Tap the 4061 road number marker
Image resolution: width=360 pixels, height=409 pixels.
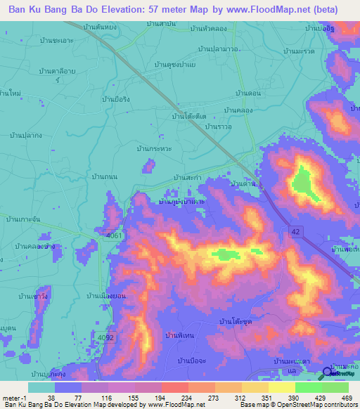[115, 235]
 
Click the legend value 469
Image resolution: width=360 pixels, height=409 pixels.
[345, 396]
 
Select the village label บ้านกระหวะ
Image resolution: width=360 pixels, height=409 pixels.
[156, 149]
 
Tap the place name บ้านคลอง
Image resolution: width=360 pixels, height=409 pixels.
[238, 111]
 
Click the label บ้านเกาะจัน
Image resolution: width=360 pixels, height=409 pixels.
[26, 220]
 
